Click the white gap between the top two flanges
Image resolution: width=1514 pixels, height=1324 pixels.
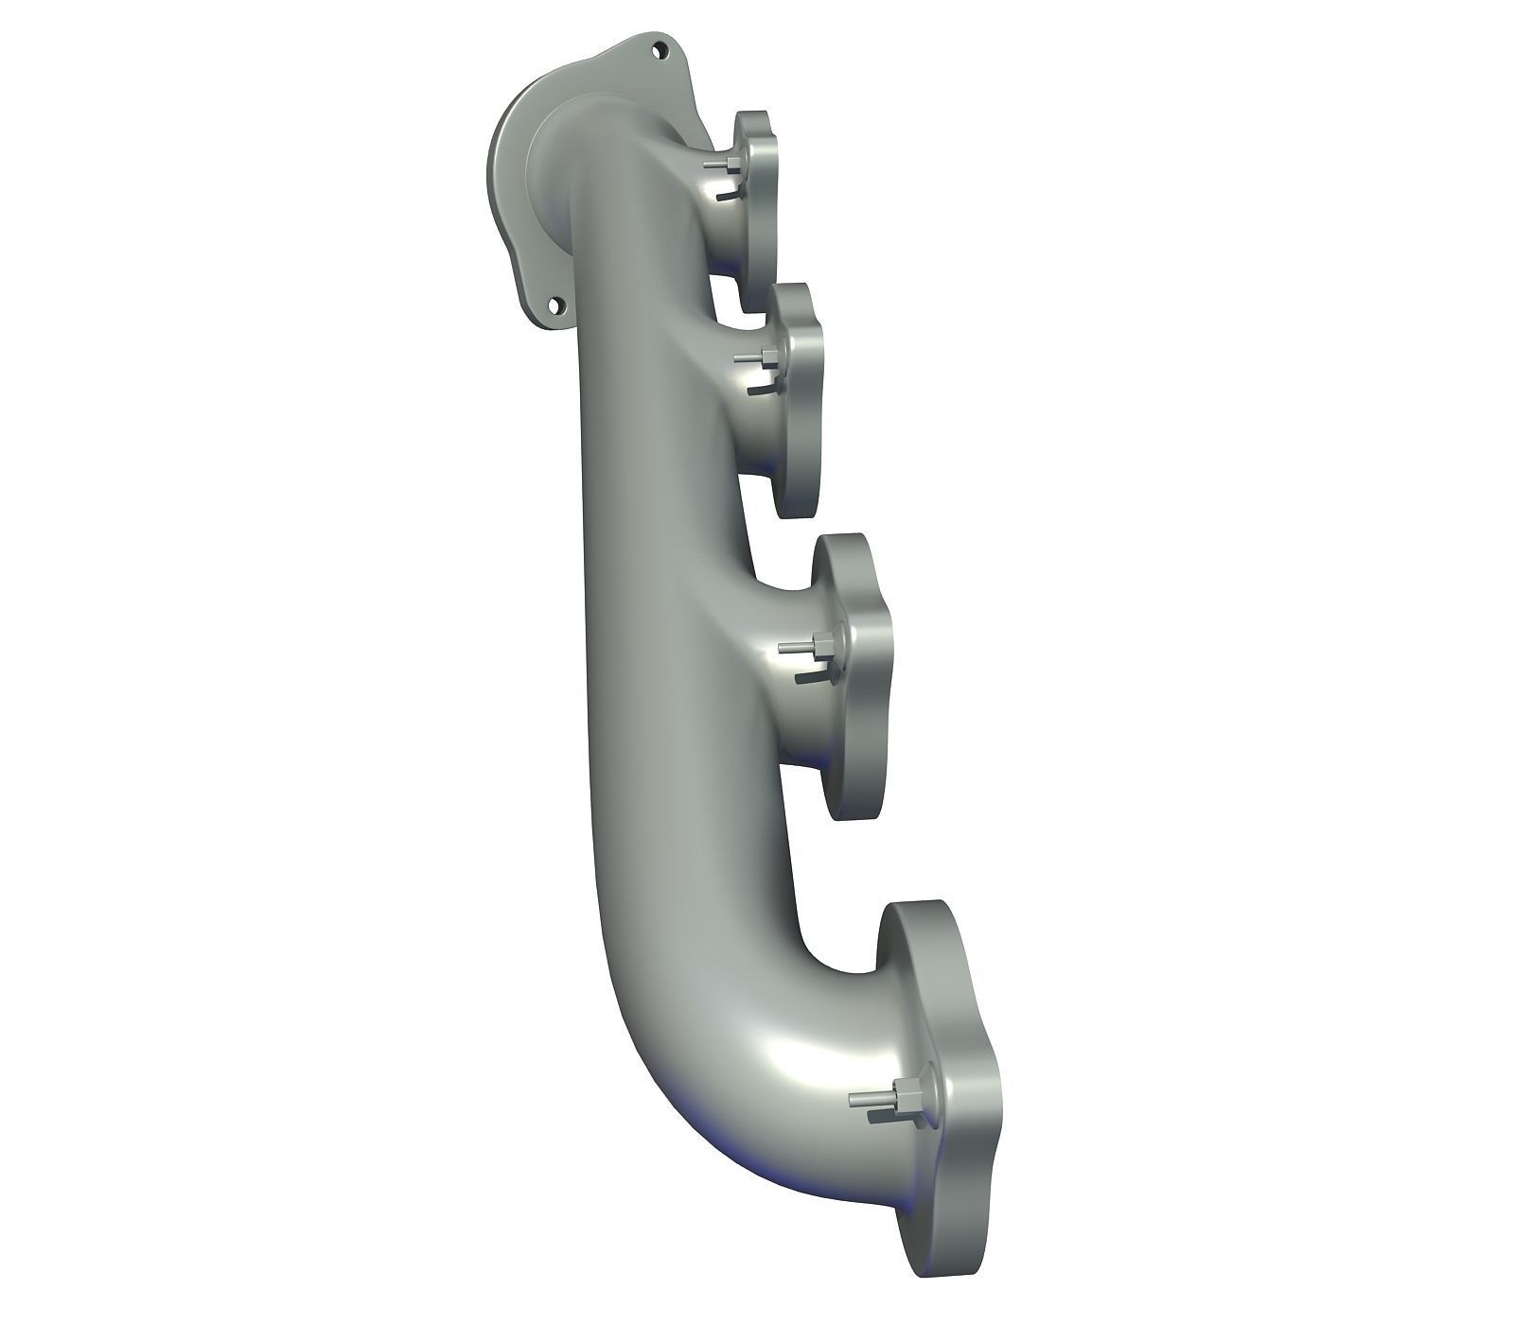[x=733, y=279]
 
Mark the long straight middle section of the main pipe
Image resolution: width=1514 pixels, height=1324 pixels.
[x=643, y=615]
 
